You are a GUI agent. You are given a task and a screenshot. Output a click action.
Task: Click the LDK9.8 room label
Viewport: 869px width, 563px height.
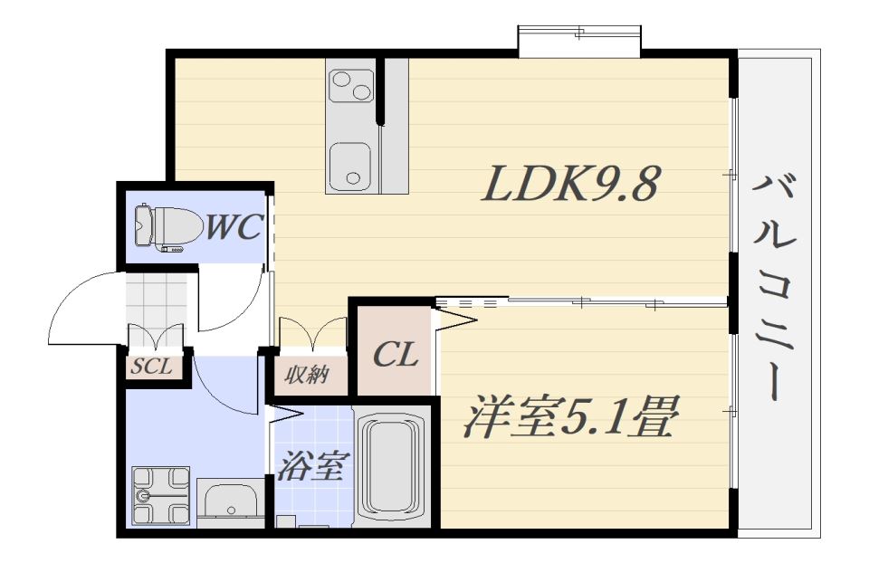coord(571,184)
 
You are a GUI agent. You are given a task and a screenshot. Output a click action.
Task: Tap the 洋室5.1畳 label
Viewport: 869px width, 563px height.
coord(571,417)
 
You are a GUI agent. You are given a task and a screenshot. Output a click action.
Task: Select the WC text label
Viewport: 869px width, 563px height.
coord(234,226)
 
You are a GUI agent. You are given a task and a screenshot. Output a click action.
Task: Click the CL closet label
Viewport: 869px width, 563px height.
coord(396,354)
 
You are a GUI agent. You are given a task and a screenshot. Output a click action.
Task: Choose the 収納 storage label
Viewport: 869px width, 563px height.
coord(307,376)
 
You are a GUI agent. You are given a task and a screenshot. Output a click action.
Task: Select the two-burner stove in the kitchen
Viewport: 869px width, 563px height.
coord(351,85)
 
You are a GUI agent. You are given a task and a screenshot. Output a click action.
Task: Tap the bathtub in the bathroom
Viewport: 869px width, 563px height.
coord(392,466)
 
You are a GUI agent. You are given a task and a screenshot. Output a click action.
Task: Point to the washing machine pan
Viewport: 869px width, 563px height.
coord(161,495)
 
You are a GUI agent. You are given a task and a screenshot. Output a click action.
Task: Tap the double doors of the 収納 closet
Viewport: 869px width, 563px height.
coord(313,334)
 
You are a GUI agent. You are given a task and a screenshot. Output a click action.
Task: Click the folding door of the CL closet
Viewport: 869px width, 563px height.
coord(454,320)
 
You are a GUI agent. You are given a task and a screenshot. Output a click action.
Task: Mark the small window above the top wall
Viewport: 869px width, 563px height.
coord(579,41)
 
